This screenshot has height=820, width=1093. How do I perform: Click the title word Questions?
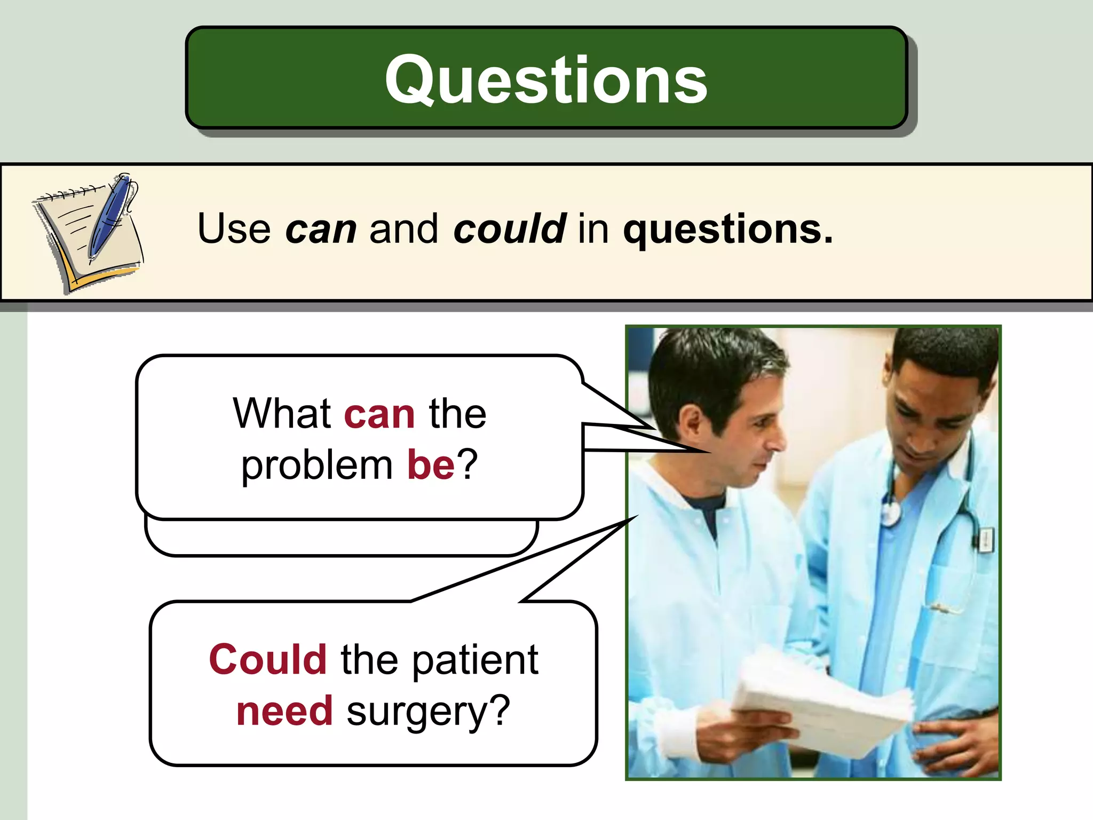click(546, 80)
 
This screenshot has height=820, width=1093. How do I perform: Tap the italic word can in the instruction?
click(321, 230)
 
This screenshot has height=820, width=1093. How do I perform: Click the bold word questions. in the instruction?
click(728, 230)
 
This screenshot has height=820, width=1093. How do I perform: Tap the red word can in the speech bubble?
click(379, 414)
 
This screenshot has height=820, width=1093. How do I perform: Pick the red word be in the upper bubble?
click(431, 464)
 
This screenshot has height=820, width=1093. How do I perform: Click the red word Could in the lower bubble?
click(268, 660)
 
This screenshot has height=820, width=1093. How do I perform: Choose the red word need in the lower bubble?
click(284, 711)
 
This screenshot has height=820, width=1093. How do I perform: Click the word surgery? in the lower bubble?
click(429, 712)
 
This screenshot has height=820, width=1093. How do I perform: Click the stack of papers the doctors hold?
click(822, 699)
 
